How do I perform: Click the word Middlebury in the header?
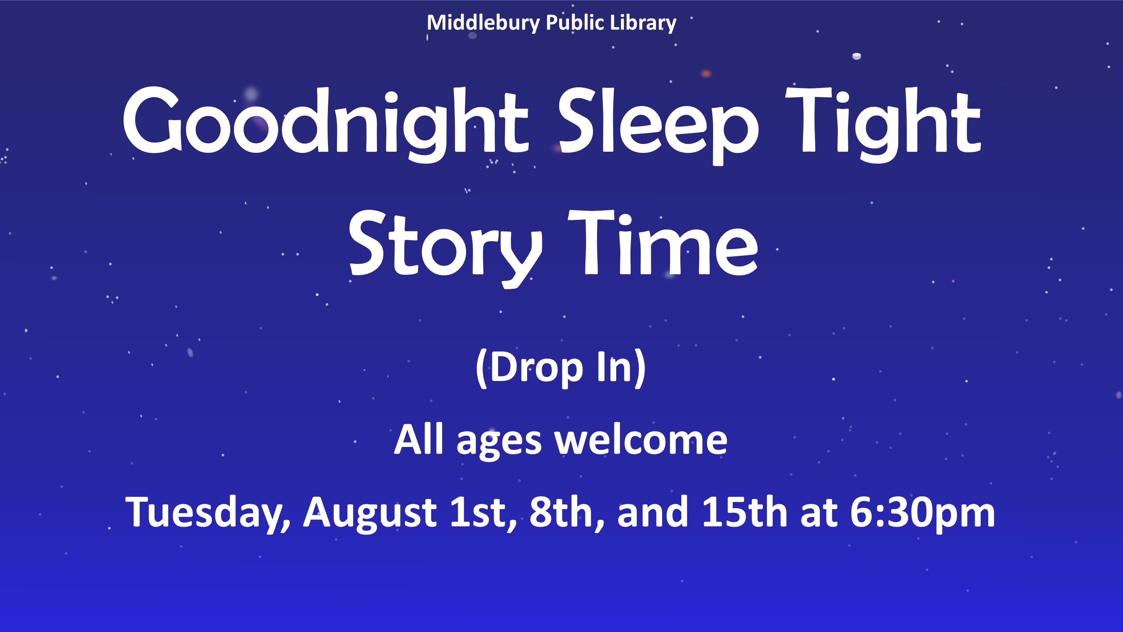click(483, 23)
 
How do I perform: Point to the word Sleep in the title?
click(659, 125)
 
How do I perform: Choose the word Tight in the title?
click(883, 125)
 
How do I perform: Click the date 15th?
click(745, 511)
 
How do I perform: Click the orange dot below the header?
click(706, 74)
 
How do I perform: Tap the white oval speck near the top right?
click(856, 56)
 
